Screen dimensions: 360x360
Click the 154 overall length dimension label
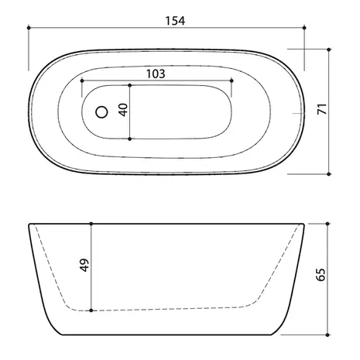[x=175, y=21]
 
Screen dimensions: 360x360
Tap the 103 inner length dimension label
[x=156, y=74]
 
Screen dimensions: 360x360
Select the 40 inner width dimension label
[x=124, y=110]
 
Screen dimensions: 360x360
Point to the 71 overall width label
[x=322, y=108]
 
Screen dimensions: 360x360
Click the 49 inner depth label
[x=84, y=265]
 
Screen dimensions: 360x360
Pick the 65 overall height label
[x=321, y=275]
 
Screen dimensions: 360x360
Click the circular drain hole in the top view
[x=101, y=112]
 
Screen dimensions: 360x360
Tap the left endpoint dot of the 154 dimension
[x=29, y=28]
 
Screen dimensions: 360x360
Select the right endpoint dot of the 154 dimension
[x=304, y=28]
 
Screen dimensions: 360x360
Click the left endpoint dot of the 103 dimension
[x=82, y=81]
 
